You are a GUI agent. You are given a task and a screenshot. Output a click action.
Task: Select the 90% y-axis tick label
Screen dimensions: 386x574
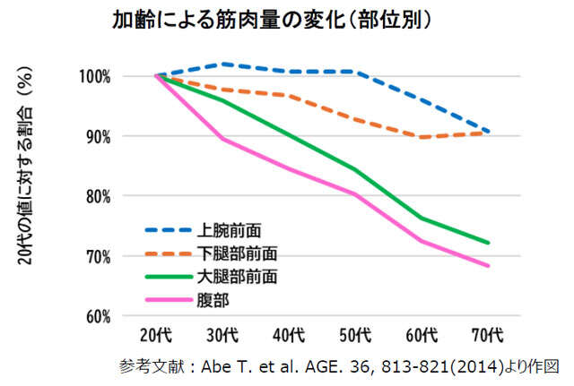[119, 137]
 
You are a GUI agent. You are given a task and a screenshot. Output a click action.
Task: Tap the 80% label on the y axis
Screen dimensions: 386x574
[119, 197]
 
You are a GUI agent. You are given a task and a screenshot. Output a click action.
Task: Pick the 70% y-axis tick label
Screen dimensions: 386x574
[119, 257]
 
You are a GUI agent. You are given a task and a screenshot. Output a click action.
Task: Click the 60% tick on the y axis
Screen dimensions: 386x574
[119, 317]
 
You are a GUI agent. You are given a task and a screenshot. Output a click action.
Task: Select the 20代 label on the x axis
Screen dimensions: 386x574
[157, 338]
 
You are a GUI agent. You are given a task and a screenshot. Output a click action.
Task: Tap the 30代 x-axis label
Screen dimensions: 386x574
[222, 338]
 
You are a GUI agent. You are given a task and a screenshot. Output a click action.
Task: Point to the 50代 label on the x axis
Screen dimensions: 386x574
[355, 338]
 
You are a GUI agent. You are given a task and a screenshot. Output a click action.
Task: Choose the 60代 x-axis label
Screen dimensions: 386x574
[422, 338]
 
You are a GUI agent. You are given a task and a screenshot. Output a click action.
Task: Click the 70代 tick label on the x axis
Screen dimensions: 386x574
[488, 338]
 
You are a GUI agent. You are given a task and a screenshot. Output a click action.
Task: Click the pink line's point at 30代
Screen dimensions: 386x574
[222, 139]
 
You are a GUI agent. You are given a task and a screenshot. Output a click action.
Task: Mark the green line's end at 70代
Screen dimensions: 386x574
[488, 243]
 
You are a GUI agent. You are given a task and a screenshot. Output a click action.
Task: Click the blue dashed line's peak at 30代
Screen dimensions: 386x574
[222, 64]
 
